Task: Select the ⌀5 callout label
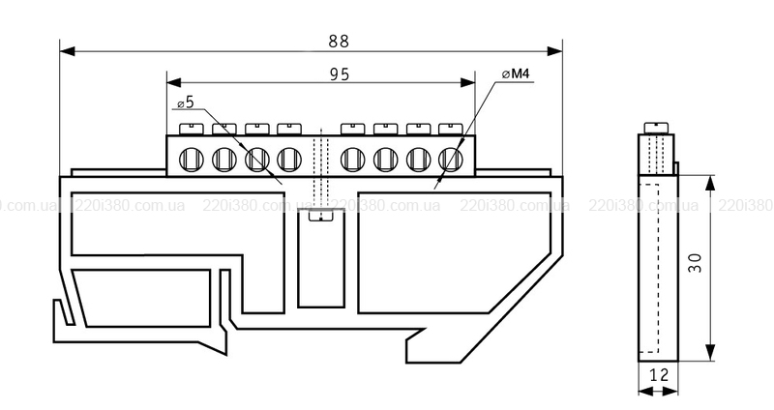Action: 185,102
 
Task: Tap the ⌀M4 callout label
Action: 520,74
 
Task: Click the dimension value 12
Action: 659,375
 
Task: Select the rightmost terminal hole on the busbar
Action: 451,157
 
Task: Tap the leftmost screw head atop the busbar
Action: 191,127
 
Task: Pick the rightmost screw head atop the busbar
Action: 450,127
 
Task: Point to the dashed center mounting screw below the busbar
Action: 315,193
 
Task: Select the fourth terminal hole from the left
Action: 288,157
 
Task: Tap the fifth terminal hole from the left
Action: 353,157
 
